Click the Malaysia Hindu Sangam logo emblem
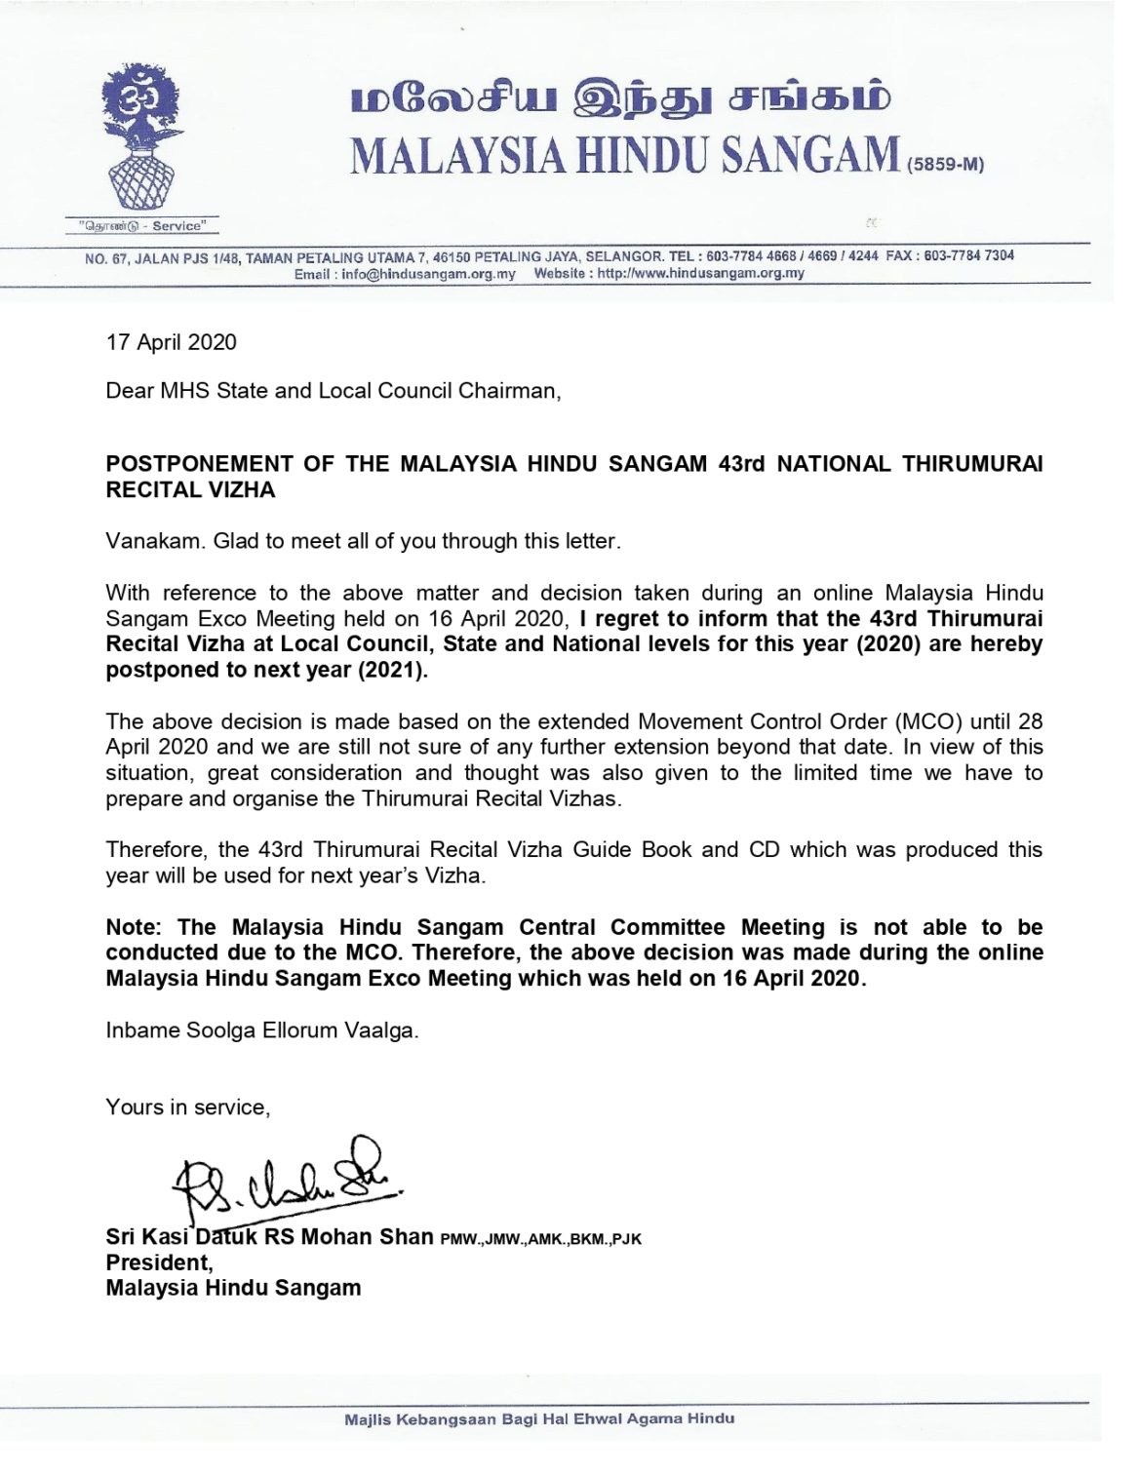pos(142,142)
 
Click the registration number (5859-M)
pos(945,165)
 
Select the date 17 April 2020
pos(171,342)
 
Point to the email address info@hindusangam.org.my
pos(428,274)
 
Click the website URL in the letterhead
pos(700,274)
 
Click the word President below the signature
pos(159,1262)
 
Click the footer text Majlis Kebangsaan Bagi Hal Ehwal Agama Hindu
pos(539,1418)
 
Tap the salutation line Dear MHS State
pos(333,391)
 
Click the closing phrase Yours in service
pos(187,1107)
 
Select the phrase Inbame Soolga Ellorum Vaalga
pos(261,1030)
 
